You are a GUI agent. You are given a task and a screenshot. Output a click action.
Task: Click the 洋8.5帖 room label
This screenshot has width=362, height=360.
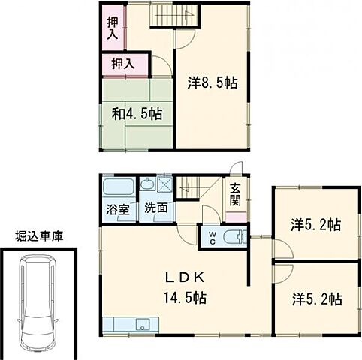212,83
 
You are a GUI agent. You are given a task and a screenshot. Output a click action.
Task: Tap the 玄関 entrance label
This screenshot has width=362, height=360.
235,194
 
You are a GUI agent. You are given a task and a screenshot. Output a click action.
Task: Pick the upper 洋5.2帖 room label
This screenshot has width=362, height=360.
316,223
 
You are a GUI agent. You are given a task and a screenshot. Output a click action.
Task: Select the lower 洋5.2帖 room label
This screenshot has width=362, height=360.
316,298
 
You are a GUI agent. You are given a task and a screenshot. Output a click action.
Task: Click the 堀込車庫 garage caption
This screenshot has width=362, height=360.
39,236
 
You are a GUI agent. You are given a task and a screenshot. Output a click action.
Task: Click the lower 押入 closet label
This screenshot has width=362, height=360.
123,64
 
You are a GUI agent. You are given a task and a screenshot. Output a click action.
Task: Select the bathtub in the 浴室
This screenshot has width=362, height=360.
118,187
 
